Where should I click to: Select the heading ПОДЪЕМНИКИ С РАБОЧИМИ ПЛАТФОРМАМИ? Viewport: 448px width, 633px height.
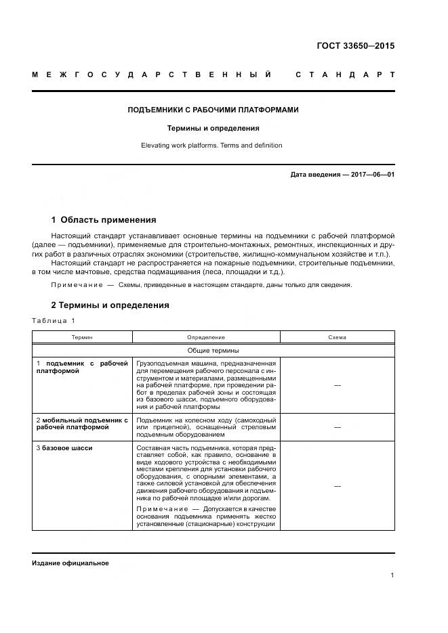tap(213, 110)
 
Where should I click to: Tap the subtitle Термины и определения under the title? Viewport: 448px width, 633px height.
tap(213, 127)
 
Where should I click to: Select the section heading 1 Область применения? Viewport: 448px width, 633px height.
tap(104, 219)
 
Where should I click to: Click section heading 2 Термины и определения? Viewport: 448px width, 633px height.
tap(110, 305)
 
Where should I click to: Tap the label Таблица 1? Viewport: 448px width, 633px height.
tap(54, 321)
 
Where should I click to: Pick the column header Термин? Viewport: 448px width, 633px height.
tap(83, 336)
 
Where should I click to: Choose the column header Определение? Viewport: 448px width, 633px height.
tap(206, 336)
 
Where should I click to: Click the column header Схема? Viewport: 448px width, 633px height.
tap(337, 336)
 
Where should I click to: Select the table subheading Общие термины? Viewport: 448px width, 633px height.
tap(213, 350)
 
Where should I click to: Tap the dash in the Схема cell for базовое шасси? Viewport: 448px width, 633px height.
tap(337, 486)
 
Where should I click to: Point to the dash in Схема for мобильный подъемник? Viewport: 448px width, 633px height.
tap(337, 427)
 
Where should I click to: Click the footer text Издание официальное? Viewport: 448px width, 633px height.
tap(70, 563)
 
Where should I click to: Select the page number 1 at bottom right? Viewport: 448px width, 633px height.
tap(392, 575)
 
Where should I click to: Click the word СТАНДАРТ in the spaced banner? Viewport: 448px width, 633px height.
tap(345, 74)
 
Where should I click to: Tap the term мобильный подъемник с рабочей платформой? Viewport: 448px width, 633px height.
tap(82, 424)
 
